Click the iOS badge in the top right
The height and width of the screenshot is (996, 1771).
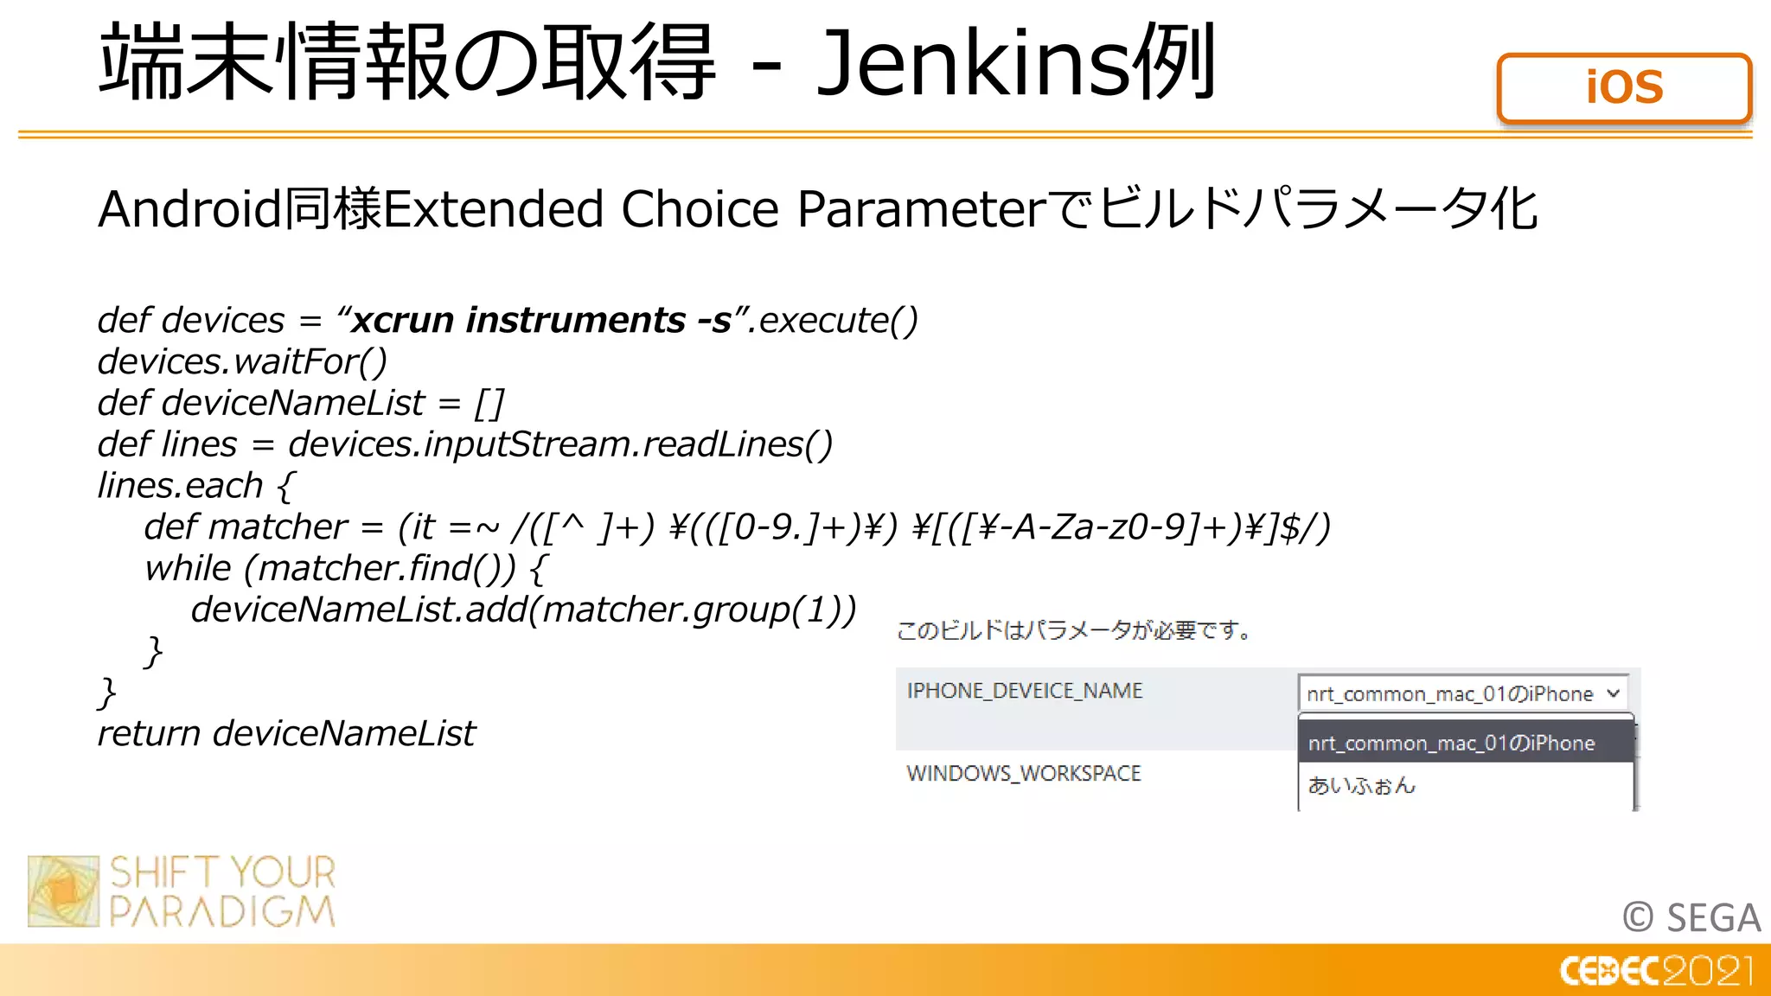pyautogui.click(x=1624, y=88)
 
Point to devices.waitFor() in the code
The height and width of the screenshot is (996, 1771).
pyautogui.click(x=242, y=361)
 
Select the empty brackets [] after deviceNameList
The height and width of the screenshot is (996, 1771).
pyautogui.click(x=489, y=403)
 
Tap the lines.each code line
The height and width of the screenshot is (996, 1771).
pyautogui.click(x=195, y=486)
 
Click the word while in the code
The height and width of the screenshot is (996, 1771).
pyautogui.click(x=188, y=569)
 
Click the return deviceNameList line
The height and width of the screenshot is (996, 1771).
pyautogui.click(x=286, y=734)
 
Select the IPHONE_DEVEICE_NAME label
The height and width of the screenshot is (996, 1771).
pyautogui.click(x=1024, y=691)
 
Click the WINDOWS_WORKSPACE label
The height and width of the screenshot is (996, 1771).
pyautogui.click(x=1023, y=773)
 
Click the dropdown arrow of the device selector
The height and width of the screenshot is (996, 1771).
pyautogui.click(x=1613, y=693)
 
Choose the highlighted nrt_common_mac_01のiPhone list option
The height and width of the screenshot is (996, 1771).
pyautogui.click(x=1451, y=744)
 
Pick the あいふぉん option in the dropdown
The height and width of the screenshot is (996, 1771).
pyautogui.click(x=1361, y=786)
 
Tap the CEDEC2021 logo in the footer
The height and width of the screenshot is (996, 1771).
pyautogui.click(x=1656, y=971)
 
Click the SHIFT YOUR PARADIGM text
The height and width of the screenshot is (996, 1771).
pyautogui.click(x=222, y=891)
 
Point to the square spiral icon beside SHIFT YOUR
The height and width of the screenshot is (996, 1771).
pyautogui.click(x=63, y=891)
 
